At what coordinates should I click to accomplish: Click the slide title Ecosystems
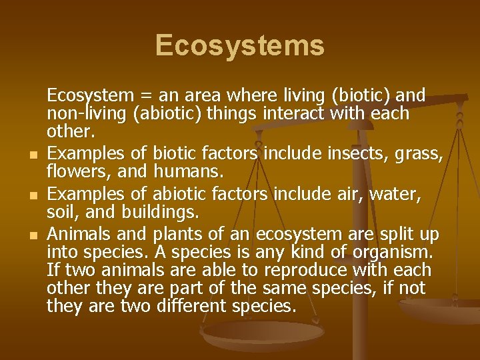[240, 45]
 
